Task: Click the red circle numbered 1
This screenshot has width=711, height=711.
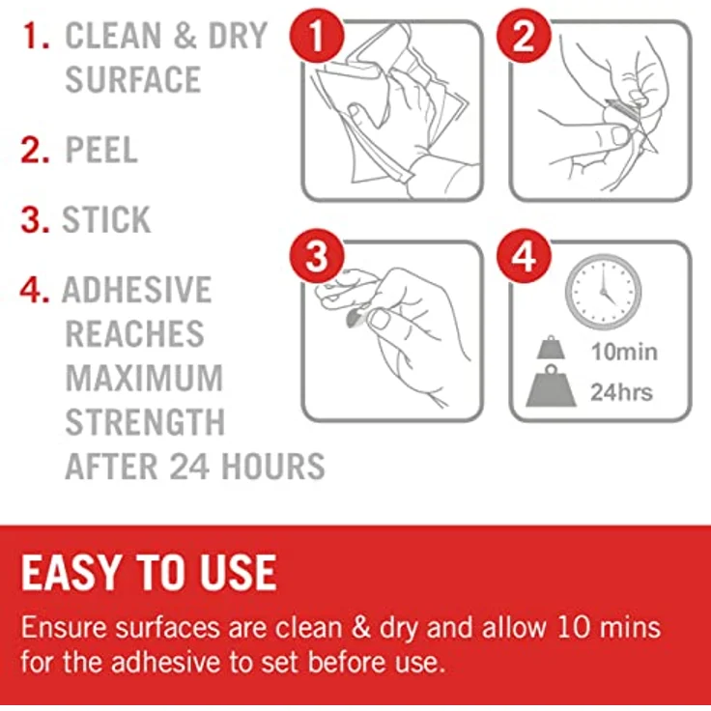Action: pos(317,36)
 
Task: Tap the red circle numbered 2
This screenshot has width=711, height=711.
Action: pos(524,36)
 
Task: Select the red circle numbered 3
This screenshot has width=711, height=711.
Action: pos(317,256)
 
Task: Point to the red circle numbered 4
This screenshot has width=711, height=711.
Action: pos(524,256)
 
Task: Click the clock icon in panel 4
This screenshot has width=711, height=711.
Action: pos(603,292)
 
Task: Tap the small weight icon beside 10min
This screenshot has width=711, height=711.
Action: pos(551,348)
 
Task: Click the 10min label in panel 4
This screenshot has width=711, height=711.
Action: pos(624,352)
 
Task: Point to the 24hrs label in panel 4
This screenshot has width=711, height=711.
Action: pos(621,392)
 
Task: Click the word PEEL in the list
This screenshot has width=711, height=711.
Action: pos(101,150)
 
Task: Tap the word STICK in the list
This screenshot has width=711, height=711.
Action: pos(106,220)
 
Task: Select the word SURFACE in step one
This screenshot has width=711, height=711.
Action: pos(133,79)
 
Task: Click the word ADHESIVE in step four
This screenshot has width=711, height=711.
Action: pos(137,290)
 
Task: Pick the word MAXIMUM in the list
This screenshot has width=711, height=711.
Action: pos(145,378)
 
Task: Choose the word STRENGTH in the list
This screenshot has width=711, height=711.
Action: pos(145,422)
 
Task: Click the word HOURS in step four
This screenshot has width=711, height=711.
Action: pos(273,467)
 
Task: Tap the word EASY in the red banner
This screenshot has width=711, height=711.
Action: pos(71,573)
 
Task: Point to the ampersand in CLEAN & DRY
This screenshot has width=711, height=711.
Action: pos(185,36)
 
